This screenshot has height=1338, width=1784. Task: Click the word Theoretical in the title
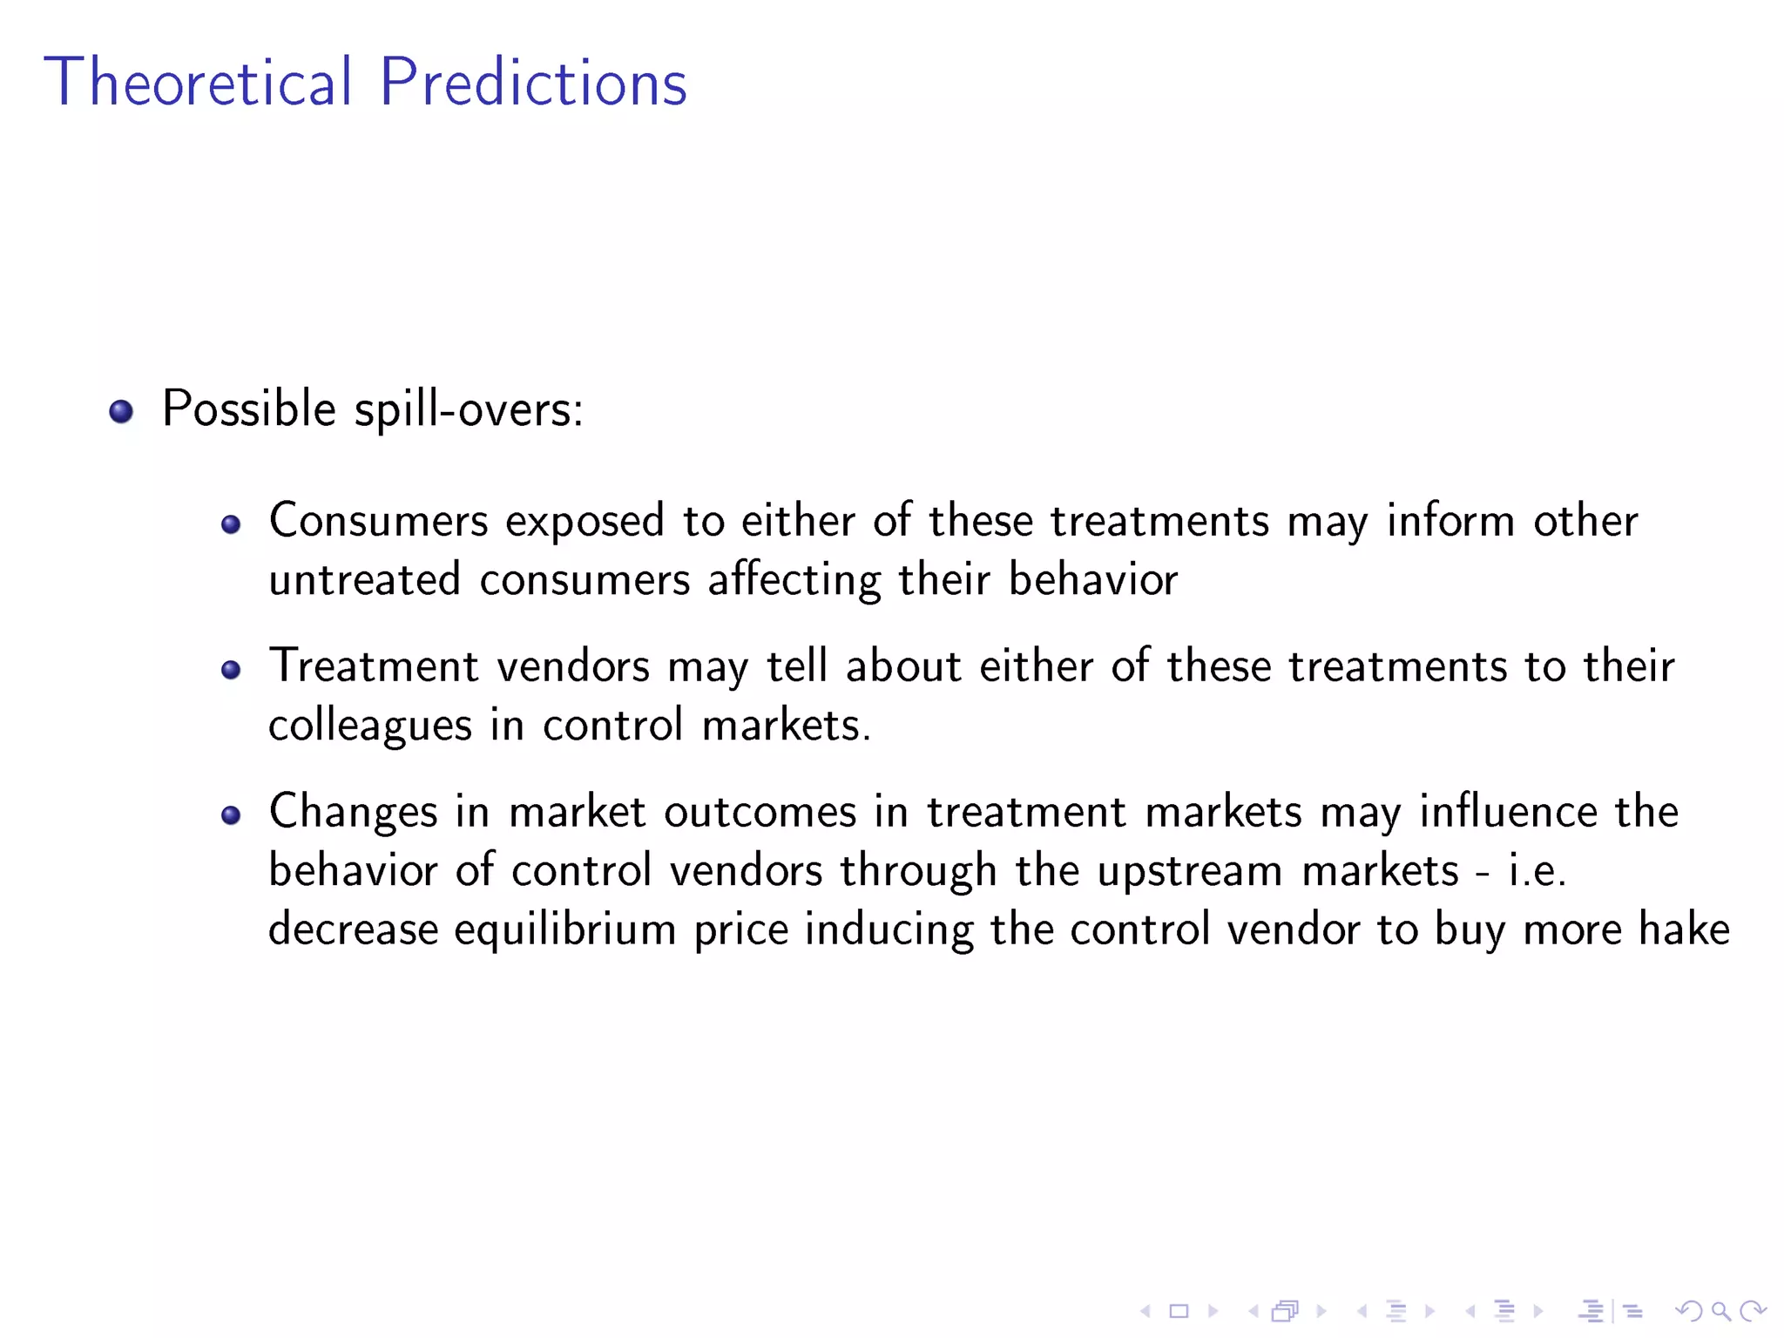pyautogui.click(x=198, y=82)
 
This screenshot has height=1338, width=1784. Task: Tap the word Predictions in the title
pyautogui.click(x=533, y=82)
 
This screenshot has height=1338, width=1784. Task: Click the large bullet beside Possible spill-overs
pyautogui.click(x=121, y=411)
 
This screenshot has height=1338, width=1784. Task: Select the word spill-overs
pyautogui.click(x=469, y=409)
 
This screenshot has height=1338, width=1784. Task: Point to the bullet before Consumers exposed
pyautogui.click(x=231, y=524)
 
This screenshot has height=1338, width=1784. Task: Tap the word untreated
pyautogui.click(x=364, y=580)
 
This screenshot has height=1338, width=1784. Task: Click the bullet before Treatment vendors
pyautogui.click(x=231, y=670)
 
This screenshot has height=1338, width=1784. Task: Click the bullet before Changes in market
pyautogui.click(x=231, y=815)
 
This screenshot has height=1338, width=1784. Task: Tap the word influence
pyautogui.click(x=1508, y=812)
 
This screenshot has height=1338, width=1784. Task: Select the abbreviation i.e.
pyautogui.click(x=1537, y=871)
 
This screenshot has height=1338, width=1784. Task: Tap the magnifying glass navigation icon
pyautogui.click(x=1720, y=1311)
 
